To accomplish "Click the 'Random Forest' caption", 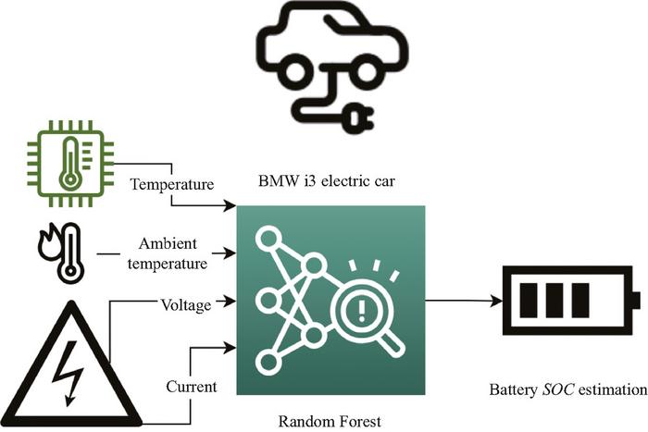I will [330, 422].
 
